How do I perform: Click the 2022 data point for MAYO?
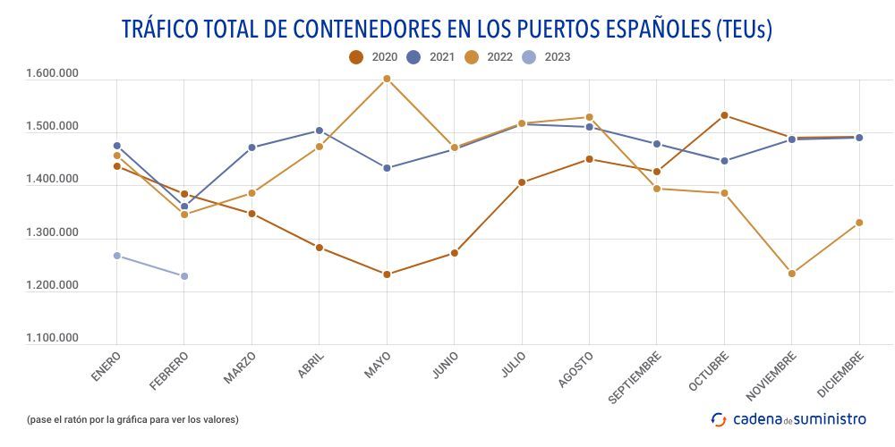point(387,79)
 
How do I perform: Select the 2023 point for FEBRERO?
point(184,276)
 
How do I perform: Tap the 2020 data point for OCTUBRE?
point(724,115)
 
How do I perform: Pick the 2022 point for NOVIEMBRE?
point(792,274)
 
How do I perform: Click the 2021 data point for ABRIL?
point(320,131)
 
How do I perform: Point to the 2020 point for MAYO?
point(387,274)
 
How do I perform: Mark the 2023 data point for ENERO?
point(117,256)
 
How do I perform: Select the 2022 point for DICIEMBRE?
point(859,223)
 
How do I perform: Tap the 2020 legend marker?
point(356,57)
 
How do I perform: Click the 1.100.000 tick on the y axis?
point(53,339)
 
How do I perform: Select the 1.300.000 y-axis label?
point(53,233)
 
